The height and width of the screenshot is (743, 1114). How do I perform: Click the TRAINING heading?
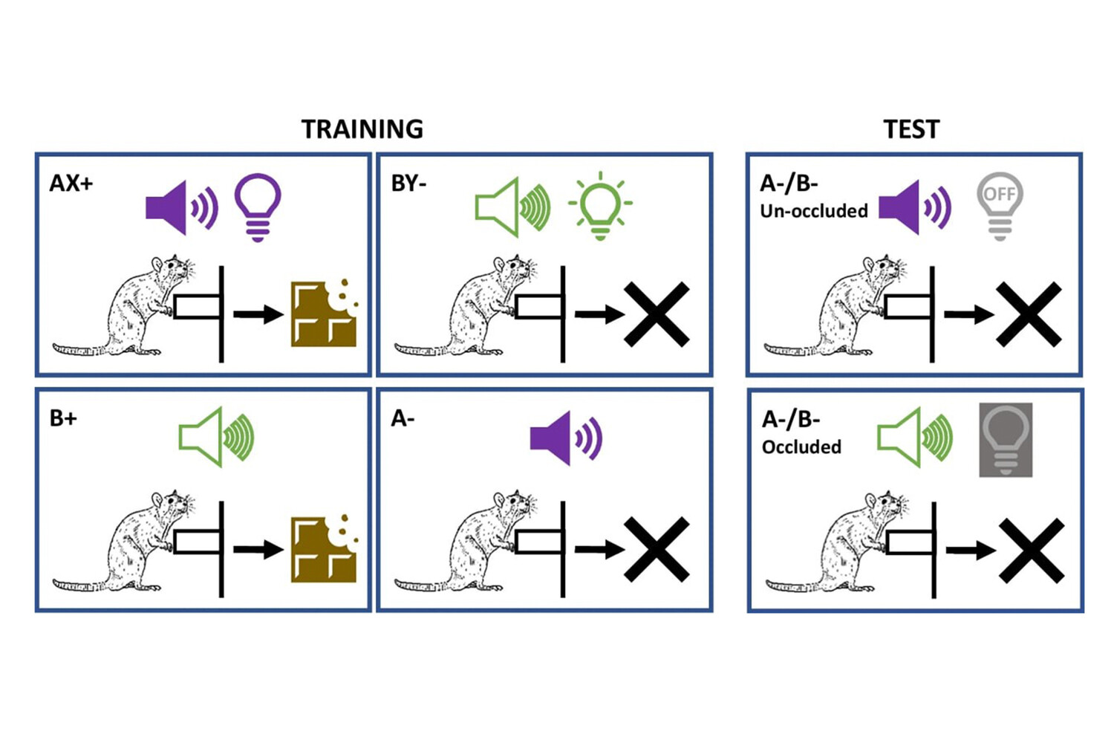click(x=362, y=129)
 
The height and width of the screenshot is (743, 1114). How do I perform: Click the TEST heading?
click(x=911, y=129)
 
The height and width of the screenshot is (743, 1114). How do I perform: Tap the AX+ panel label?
click(x=71, y=183)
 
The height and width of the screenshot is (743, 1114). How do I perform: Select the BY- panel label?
click(x=408, y=183)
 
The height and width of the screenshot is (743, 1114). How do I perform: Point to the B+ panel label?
click(x=63, y=418)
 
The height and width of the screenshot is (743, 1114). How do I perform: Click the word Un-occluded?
click(x=814, y=211)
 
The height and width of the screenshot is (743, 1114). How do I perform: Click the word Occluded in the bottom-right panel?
click(x=801, y=447)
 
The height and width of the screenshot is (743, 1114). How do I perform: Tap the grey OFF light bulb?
click(x=1000, y=205)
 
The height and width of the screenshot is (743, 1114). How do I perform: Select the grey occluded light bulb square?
click(x=1006, y=440)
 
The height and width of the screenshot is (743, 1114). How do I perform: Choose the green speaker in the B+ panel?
click(x=216, y=437)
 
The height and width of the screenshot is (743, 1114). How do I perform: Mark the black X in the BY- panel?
click(x=657, y=314)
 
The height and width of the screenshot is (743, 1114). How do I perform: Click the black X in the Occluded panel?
click(x=1032, y=551)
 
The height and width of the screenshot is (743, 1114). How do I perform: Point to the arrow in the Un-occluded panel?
click(x=968, y=315)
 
